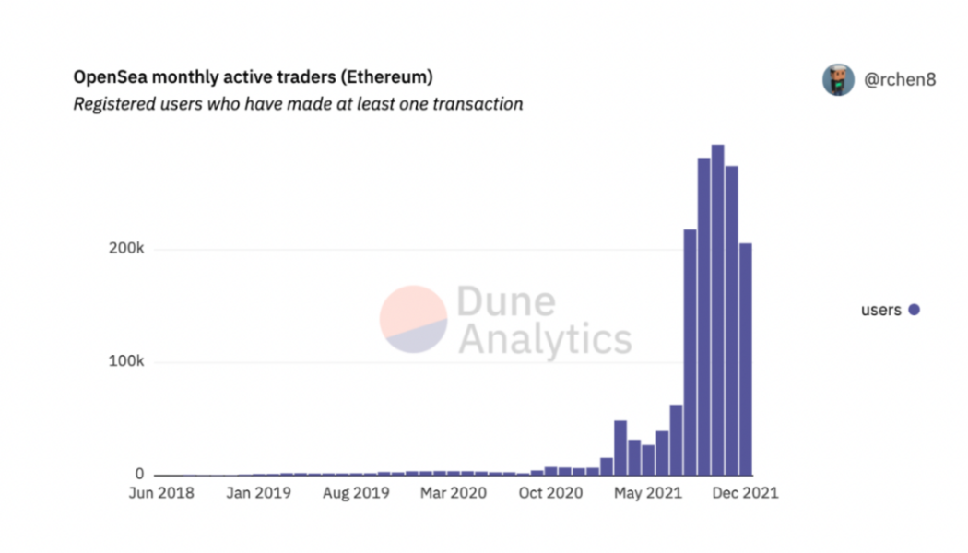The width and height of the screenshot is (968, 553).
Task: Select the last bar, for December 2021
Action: click(746, 359)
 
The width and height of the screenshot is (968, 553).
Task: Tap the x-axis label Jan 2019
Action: click(259, 493)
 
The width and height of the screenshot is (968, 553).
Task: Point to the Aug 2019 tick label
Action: click(357, 493)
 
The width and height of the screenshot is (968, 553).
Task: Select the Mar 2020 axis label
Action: click(454, 493)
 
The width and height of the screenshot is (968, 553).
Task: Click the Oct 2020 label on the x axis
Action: click(550, 493)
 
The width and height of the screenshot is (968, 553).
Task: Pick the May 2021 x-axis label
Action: click(648, 493)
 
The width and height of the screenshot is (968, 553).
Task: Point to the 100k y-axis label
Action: click(126, 362)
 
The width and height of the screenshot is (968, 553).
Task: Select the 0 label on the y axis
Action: click(140, 474)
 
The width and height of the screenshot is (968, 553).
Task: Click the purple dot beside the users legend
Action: click(914, 311)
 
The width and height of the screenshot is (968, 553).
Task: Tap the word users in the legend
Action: click(880, 311)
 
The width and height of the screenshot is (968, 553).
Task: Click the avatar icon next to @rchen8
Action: click(838, 80)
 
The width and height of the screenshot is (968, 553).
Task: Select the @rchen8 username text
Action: click(900, 80)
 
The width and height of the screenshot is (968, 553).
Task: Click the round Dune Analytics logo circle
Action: click(413, 320)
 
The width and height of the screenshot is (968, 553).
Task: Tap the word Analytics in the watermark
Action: click(544, 338)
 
